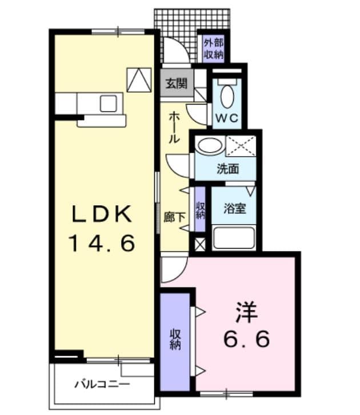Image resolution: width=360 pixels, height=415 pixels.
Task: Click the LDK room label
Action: tap(102, 214)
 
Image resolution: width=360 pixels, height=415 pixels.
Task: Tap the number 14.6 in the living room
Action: tap(102, 244)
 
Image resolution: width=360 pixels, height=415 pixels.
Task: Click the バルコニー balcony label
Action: tap(102, 384)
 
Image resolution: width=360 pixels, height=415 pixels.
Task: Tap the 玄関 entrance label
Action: tap(176, 83)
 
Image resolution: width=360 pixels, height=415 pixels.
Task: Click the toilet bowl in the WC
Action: tap(227, 95)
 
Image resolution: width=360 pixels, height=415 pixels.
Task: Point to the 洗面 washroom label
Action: tap(227, 169)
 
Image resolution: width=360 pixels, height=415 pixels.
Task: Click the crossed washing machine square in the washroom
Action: tap(241, 145)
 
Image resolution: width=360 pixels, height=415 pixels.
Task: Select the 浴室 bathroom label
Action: tap(234, 208)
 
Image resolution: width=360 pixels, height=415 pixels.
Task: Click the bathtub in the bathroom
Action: tap(233, 237)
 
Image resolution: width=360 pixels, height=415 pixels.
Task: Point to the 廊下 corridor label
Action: tap(174, 217)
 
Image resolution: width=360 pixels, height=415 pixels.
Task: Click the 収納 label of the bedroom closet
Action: tap(175, 340)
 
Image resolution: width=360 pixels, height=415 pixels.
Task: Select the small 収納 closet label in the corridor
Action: tap(200, 210)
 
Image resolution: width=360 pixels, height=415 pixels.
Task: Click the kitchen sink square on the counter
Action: tap(108, 103)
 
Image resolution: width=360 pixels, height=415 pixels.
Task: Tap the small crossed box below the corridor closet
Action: tap(199, 244)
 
